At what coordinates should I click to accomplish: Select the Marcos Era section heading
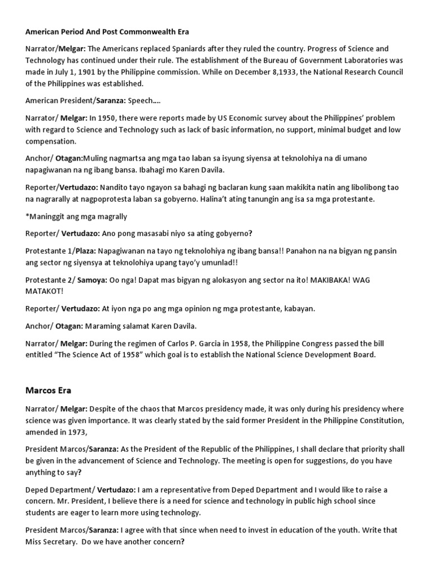(48, 389)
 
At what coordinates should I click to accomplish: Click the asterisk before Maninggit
(27, 217)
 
